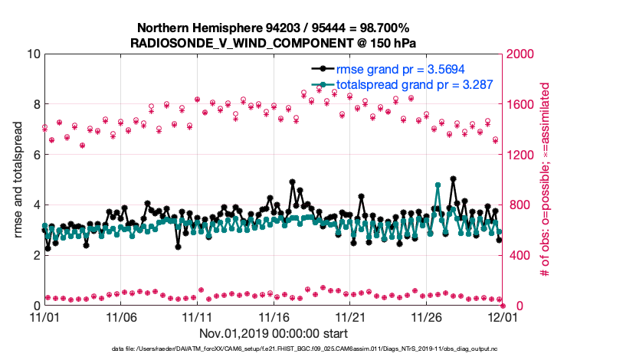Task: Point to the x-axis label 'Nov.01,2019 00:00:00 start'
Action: (274, 333)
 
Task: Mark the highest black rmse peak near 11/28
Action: (454, 178)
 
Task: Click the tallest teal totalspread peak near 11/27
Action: (438, 185)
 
